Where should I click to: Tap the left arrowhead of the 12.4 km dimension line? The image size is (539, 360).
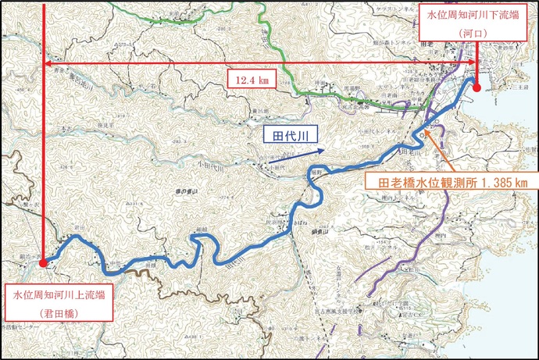[48, 62]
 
